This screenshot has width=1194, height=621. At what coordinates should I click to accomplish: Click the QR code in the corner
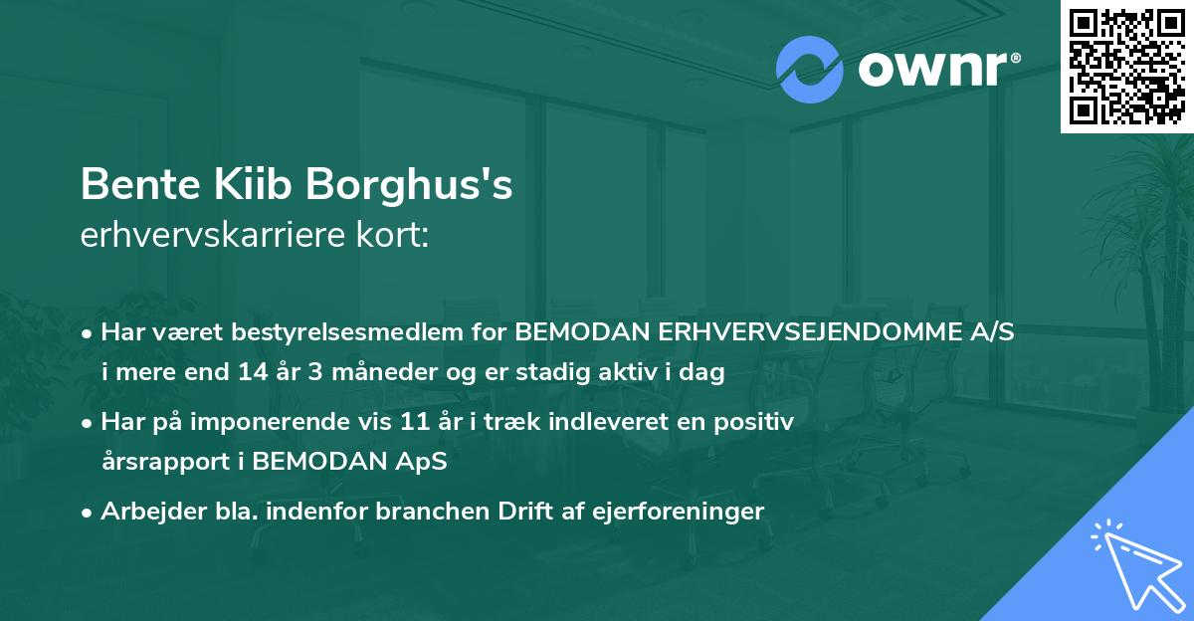pyautogui.click(x=1126, y=66)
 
